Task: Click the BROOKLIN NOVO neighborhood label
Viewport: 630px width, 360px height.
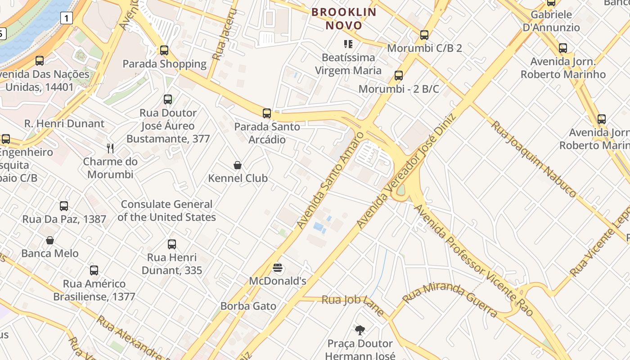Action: click(x=344, y=18)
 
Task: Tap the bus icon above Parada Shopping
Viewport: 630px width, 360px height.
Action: click(x=164, y=50)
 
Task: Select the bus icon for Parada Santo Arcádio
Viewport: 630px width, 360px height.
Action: click(x=267, y=113)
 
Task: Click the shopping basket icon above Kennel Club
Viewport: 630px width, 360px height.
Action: click(x=238, y=165)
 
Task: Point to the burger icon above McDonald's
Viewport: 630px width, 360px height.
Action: click(x=278, y=268)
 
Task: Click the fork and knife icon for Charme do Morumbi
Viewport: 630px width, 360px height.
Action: click(x=110, y=148)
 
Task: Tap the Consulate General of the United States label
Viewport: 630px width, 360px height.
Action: click(x=166, y=211)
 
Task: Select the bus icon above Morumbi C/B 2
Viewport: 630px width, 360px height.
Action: click(x=424, y=35)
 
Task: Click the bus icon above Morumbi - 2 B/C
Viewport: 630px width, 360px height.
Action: click(x=398, y=76)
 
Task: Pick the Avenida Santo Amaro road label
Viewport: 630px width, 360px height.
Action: click(x=330, y=179)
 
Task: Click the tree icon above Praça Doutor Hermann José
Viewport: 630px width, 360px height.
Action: click(x=360, y=330)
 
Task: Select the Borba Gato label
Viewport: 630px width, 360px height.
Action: click(x=248, y=306)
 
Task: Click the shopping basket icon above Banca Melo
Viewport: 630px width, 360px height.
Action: click(x=50, y=240)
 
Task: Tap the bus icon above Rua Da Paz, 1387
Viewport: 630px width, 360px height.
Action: click(x=64, y=206)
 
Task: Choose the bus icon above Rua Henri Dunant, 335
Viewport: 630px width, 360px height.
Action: click(x=172, y=244)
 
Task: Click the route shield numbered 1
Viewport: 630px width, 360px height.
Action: click(x=66, y=18)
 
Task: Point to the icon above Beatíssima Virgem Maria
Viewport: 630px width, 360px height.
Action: click(x=348, y=44)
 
